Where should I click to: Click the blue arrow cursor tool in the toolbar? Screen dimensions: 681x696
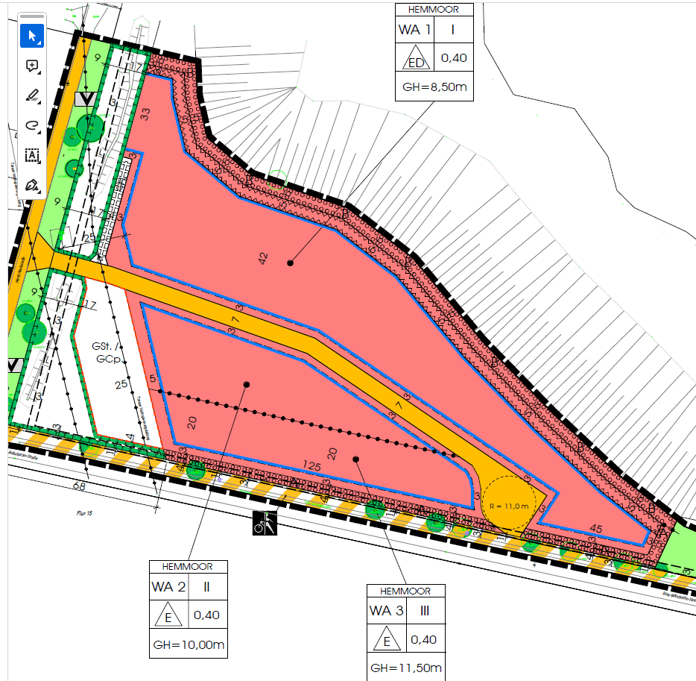tap(32, 36)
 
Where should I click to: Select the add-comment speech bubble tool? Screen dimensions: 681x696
tap(32, 66)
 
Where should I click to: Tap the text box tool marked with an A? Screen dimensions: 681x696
tap(32, 155)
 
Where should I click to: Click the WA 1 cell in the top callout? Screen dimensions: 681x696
tap(414, 30)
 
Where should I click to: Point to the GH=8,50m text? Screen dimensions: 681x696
tap(434, 87)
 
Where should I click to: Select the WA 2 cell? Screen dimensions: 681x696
tap(168, 587)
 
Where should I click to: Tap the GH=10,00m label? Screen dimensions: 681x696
tap(189, 644)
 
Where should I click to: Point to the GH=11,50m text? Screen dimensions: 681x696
tap(406, 668)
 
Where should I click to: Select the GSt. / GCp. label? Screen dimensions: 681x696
tap(106, 352)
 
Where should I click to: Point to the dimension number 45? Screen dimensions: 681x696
tap(595, 528)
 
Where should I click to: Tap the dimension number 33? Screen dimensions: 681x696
tap(145, 114)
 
